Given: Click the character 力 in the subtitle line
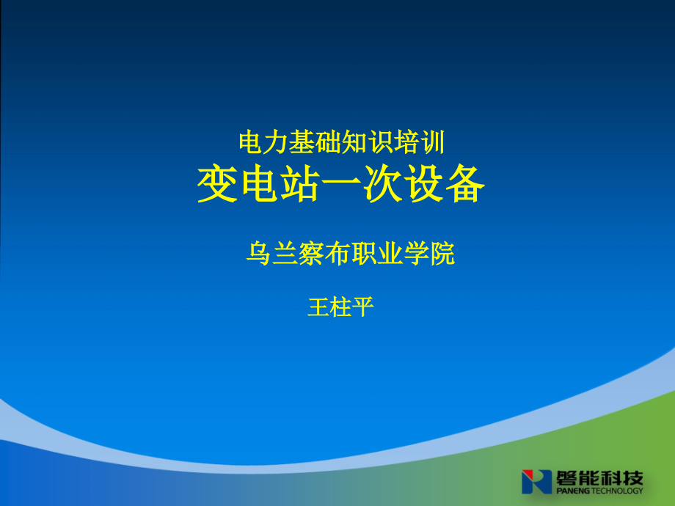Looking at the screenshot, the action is point(276,142).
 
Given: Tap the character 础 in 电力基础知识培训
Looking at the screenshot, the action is point(328,142).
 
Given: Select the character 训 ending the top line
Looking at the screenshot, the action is point(433,142).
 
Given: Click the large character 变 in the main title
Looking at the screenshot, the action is point(217,184).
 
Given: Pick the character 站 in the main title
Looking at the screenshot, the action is point(299,184).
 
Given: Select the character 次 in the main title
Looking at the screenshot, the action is point(382,184).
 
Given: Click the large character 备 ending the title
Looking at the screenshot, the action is point(465,184).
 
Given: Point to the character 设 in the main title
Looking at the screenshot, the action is point(423,184).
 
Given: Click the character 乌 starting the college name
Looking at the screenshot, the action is point(258,254).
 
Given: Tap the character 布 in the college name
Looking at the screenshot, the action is point(337,254).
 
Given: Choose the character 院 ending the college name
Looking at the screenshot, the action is point(442,254).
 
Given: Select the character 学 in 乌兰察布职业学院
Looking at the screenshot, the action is point(416,254).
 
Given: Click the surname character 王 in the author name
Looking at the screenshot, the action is point(318,307).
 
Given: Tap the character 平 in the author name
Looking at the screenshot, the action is point(362,307).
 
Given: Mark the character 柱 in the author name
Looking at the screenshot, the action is point(340,307).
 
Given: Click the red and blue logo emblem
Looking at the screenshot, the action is point(536,482).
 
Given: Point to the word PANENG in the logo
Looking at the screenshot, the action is point(573,491).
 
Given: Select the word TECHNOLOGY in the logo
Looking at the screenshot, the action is point(617,491).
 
